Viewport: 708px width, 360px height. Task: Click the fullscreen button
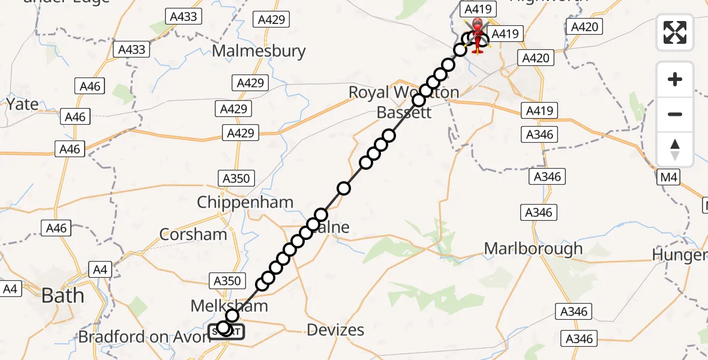(675, 32)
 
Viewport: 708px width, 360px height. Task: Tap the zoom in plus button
(675, 79)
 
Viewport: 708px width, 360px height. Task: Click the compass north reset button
(675, 149)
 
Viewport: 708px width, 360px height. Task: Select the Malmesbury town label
(259, 51)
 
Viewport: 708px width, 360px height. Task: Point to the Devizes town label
(335, 329)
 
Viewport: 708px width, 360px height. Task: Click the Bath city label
(62, 295)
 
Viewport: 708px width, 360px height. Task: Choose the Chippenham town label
(245, 202)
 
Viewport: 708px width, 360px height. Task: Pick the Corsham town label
(193, 234)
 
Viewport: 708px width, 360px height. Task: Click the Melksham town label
(229, 306)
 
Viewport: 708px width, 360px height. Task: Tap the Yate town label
(22, 104)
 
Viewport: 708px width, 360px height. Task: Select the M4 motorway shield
(670, 177)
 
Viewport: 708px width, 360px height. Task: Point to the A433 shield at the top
(184, 17)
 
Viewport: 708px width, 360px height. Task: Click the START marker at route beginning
(226, 331)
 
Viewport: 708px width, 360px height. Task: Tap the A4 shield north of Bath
(100, 270)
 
